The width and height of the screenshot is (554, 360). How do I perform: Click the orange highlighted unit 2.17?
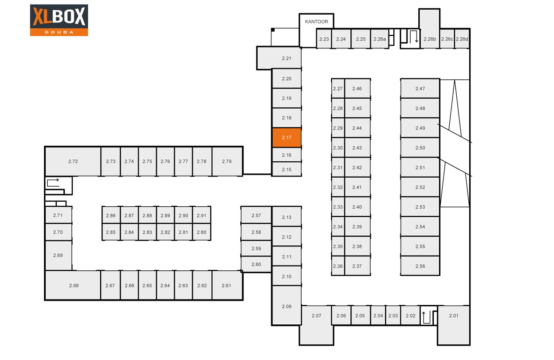(287, 137)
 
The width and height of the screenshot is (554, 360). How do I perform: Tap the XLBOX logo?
(59, 20)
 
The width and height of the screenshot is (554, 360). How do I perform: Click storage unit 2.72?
(73, 161)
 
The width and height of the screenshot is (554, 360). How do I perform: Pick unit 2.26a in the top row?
(379, 39)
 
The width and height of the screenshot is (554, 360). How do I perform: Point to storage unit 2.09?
(287, 306)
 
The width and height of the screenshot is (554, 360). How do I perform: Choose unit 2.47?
(420, 89)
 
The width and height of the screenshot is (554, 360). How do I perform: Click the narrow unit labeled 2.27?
(338, 89)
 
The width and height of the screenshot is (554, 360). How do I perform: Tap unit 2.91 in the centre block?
(202, 215)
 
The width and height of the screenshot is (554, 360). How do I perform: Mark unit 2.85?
(111, 232)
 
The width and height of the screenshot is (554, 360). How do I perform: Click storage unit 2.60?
(256, 264)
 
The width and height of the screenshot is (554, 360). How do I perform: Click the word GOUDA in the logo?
(59, 32)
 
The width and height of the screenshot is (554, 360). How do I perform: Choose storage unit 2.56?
(420, 266)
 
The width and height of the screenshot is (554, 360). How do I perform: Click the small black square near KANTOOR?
(273, 30)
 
